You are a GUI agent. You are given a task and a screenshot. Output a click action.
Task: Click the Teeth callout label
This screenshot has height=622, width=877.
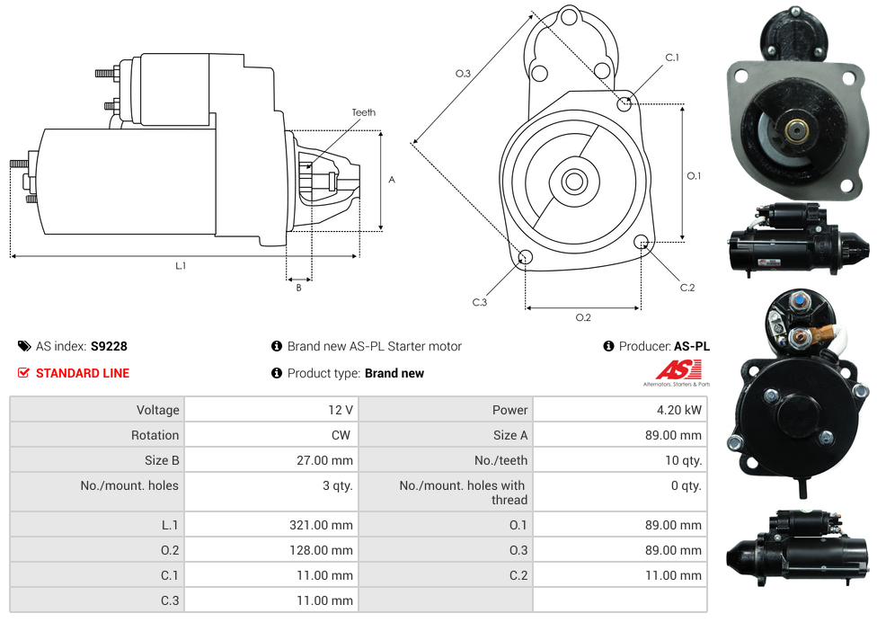click(364, 112)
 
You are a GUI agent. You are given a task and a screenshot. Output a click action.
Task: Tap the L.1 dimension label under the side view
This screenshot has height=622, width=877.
click(181, 266)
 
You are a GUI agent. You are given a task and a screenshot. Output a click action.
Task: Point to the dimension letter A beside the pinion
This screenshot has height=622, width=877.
click(392, 180)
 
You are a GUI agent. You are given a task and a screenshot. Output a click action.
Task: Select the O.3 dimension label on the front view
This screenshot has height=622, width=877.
click(463, 74)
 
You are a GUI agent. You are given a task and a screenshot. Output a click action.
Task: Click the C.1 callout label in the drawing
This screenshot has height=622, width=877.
click(672, 58)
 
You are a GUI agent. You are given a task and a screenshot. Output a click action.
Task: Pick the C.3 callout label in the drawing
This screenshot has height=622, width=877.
click(480, 303)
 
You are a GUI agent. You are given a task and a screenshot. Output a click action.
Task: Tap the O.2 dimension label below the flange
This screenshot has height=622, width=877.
click(583, 317)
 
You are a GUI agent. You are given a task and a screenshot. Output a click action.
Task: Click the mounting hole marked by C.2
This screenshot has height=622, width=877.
click(642, 242)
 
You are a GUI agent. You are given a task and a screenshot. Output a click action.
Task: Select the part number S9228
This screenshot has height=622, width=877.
click(109, 346)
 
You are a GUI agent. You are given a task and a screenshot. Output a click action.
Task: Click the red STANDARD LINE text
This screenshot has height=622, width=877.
click(83, 373)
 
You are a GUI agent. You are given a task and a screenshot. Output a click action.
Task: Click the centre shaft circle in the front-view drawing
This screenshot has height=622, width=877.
click(574, 182)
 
